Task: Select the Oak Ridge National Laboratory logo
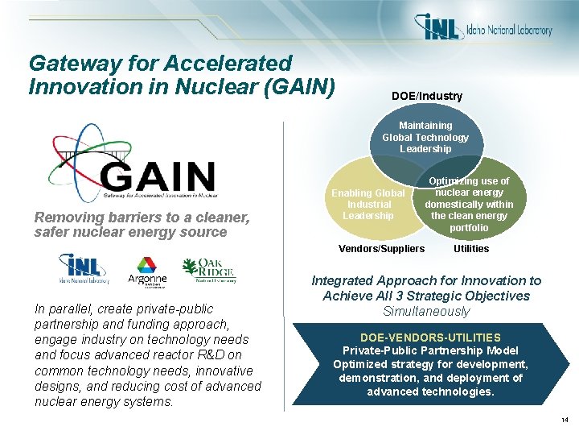pyautogui.click(x=208, y=271)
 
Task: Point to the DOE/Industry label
pyautogui.click(x=426, y=96)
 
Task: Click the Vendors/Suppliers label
pyautogui.click(x=381, y=249)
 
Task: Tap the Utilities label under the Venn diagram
pyautogui.click(x=471, y=249)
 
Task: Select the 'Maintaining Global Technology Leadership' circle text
pyautogui.click(x=425, y=137)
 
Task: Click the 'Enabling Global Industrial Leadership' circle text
pyautogui.click(x=368, y=205)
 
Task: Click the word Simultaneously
pyautogui.click(x=426, y=312)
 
